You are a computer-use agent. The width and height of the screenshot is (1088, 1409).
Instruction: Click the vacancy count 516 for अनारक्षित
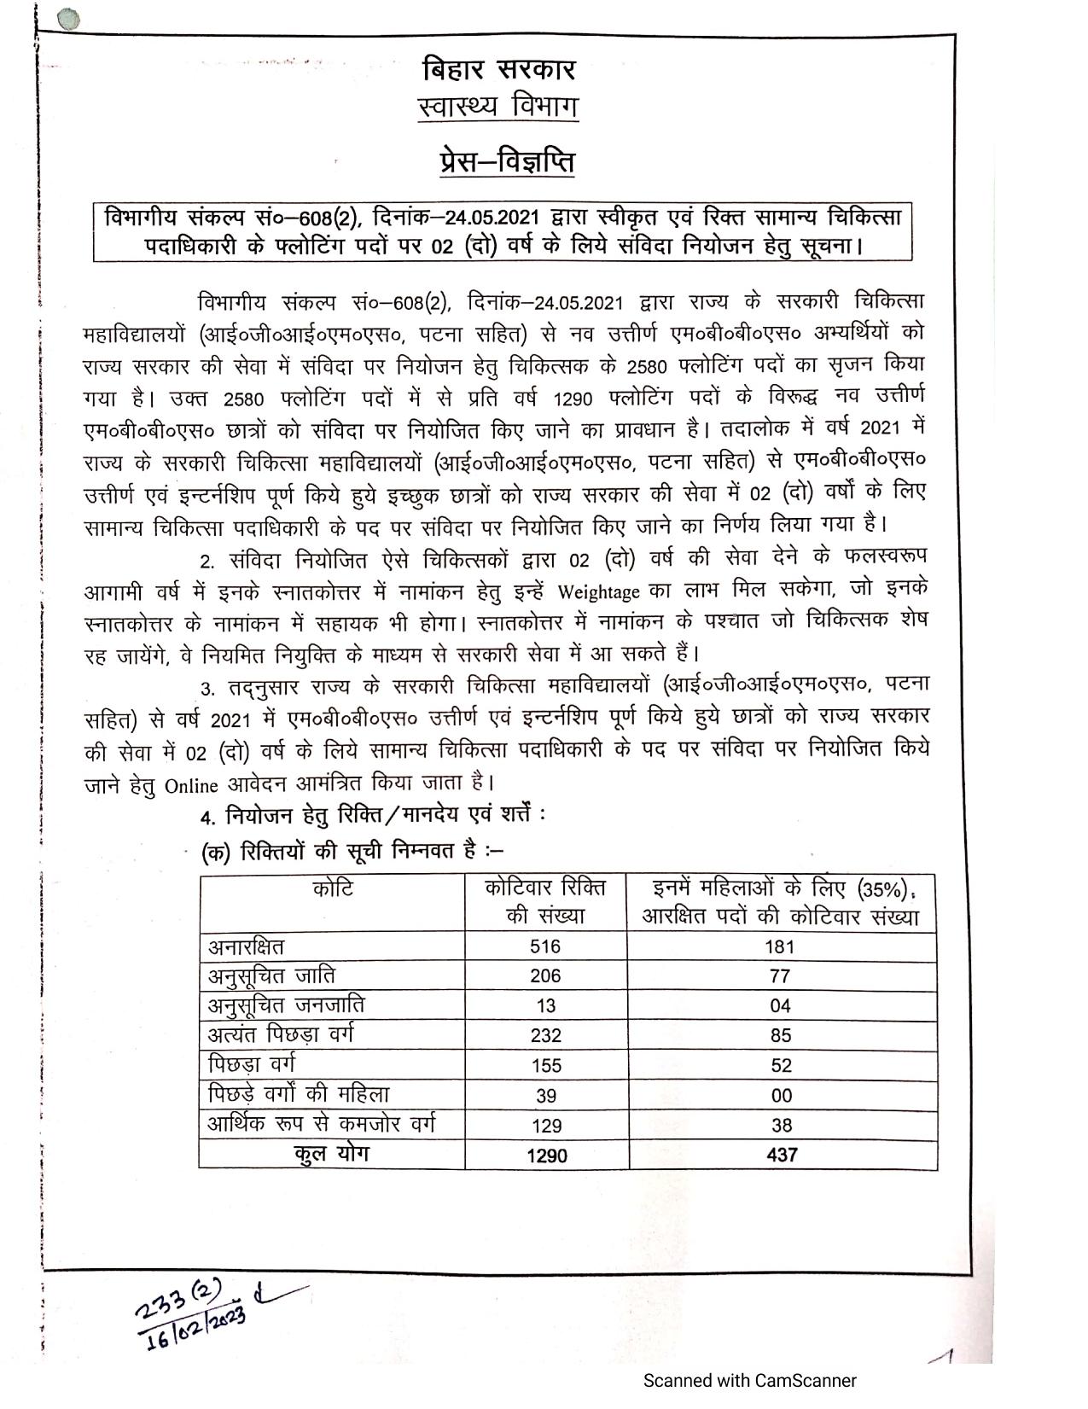coord(545,946)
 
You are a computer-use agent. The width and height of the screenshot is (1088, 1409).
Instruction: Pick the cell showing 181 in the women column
coord(780,946)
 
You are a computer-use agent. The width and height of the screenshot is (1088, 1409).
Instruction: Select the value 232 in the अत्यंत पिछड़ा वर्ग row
coord(545,1036)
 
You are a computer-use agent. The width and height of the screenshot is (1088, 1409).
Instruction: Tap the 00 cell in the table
coord(781,1096)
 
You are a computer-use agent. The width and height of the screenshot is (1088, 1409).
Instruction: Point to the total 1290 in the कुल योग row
coord(546,1156)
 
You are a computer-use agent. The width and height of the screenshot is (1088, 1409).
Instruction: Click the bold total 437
coord(782,1156)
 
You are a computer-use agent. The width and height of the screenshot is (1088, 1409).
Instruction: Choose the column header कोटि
coord(333,889)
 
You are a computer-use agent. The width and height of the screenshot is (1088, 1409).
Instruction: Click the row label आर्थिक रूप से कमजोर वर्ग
coord(325,1124)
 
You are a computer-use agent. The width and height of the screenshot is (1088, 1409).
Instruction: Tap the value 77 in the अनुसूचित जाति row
coord(780,976)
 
